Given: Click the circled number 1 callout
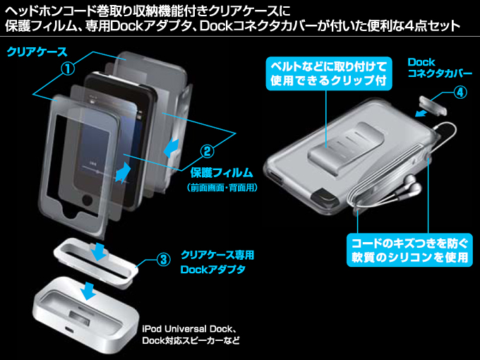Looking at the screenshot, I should [x=67, y=68].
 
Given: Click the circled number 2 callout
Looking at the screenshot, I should [x=206, y=150].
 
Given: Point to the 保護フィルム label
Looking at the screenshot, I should [x=222, y=172].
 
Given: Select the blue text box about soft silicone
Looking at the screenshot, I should [x=409, y=249].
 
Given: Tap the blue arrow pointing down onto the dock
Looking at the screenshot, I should [x=89, y=288].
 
